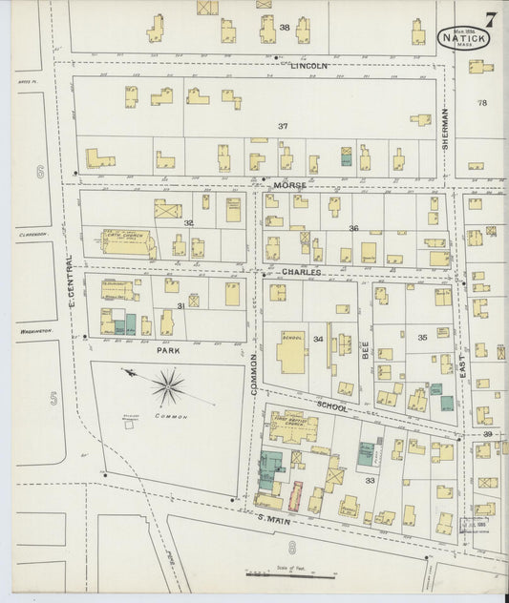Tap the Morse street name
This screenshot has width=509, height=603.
[287, 183]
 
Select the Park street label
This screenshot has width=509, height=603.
[169, 349]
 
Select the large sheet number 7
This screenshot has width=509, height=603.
[489, 18]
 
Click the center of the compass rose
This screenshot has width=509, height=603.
[169, 386]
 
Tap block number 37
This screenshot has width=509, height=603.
[283, 126]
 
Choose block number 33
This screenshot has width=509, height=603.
[370, 481]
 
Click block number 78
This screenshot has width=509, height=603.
[482, 102]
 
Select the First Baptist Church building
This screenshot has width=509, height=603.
[292, 426]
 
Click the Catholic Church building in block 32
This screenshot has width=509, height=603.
[127, 241]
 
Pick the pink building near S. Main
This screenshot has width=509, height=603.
[294, 496]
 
